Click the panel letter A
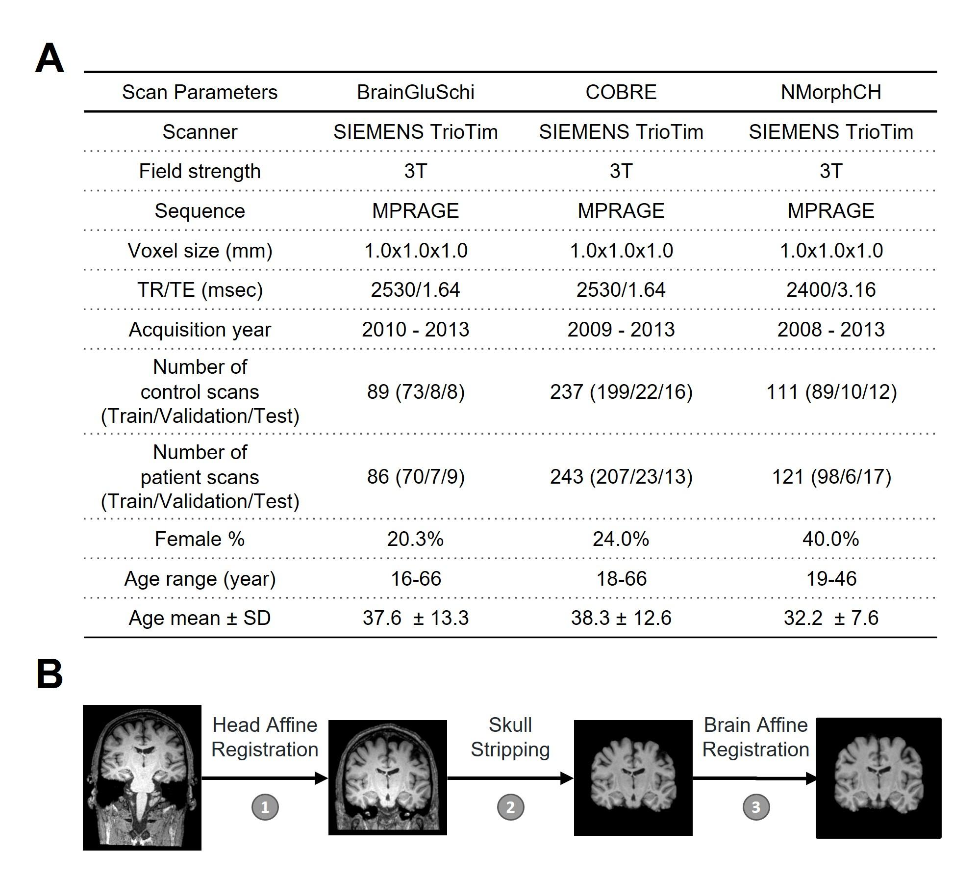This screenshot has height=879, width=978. (x=50, y=58)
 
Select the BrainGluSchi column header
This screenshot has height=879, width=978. (x=415, y=92)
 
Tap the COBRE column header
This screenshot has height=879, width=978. (x=621, y=92)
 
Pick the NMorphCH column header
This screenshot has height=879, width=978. (x=830, y=92)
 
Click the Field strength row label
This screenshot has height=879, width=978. (x=200, y=171)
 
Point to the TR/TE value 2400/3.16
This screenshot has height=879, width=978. (x=830, y=290)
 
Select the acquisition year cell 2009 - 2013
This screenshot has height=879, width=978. (x=621, y=329)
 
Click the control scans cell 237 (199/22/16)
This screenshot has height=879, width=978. (x=621, y=391)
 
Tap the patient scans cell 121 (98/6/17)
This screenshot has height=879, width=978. (x=831, y=476)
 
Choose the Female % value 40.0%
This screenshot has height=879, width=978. (x=830, y=539)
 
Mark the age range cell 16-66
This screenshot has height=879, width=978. (x=415, y=579)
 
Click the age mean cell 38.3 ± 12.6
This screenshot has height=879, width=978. (x=621, y=618)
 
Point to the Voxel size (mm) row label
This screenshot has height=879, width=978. (x=200, y=251)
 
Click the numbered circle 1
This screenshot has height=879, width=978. (x=265, y=807)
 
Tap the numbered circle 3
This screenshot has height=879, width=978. (x=755, y=807)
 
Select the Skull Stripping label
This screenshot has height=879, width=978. (x=510, y=737)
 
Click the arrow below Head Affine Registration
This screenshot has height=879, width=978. (x=265, y=778)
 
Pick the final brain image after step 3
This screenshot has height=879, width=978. (x=878, y=778)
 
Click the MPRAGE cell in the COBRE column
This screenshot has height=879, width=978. (x=621, y=211)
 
